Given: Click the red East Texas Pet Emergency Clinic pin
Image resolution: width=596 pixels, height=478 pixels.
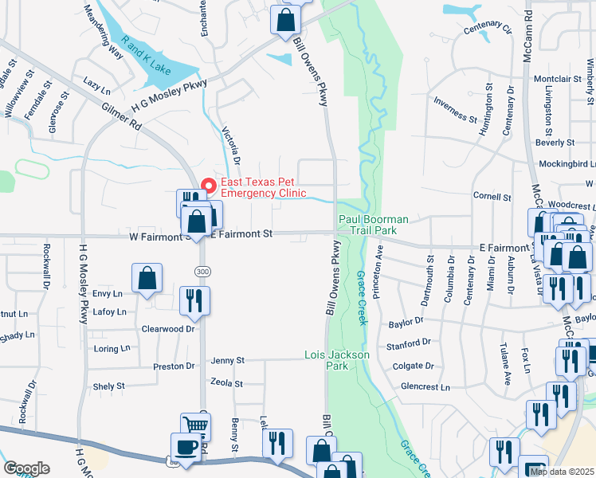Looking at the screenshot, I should tap(210, 186).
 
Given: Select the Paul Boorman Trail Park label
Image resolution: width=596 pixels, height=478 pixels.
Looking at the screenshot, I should tap(374, 225).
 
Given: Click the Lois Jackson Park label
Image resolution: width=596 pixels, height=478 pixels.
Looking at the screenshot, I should tap(327, 360).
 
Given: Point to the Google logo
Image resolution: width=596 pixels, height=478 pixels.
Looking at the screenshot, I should tap(26, 468).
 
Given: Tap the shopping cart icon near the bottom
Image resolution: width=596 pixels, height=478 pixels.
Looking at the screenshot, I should tap(195, 426).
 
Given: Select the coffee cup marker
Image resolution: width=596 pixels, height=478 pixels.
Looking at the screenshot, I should tap(186, 448).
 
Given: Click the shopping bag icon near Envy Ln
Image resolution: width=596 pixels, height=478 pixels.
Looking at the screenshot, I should tap(147, 279).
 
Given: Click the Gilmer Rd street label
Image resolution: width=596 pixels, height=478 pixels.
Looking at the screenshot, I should tap(121, 116).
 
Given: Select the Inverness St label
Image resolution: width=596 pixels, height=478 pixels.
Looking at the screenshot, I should tap(455, 109).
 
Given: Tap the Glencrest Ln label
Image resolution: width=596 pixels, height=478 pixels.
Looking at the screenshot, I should tap(425, 387).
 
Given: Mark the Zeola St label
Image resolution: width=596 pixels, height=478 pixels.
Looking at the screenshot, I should tap(226, 383).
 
